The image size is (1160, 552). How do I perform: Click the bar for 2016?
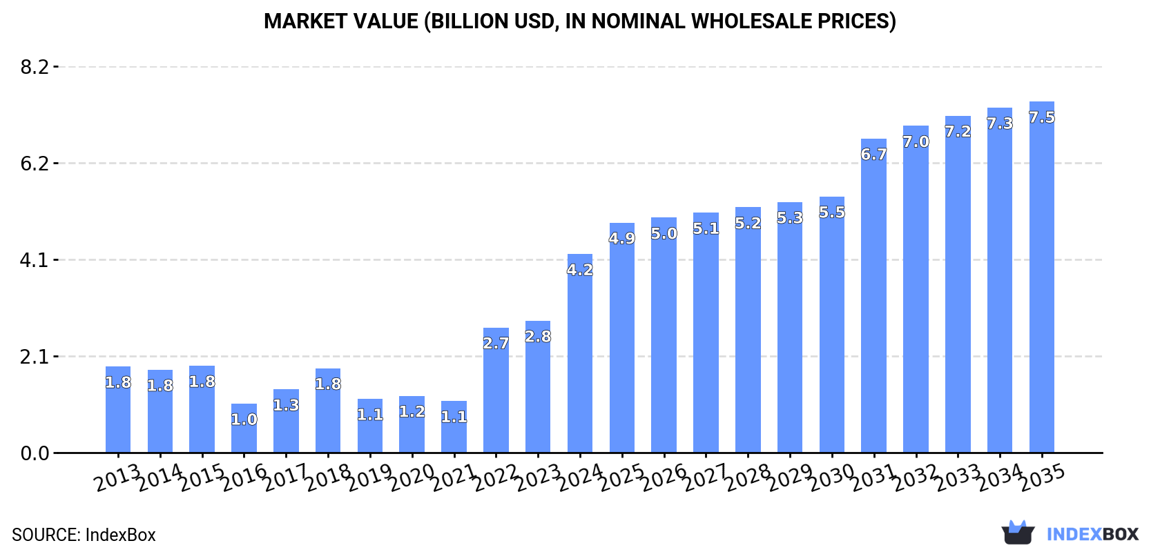click(244, 429)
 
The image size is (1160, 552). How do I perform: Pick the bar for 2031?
click(873, 296)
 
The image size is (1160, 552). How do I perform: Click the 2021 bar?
click(454, 427)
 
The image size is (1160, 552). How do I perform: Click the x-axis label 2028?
click(748, 477)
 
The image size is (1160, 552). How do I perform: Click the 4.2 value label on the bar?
click(580, 270)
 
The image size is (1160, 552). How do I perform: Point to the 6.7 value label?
click(873, 155)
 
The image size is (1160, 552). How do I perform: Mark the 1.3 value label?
click(286, 405)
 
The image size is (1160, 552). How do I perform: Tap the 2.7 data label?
click(496, 343)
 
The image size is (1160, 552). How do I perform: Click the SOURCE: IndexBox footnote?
click(84, 535)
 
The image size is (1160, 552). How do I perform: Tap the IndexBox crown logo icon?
click(1018, 533)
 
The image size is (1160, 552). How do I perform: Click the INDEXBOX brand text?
click(1092, 534)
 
